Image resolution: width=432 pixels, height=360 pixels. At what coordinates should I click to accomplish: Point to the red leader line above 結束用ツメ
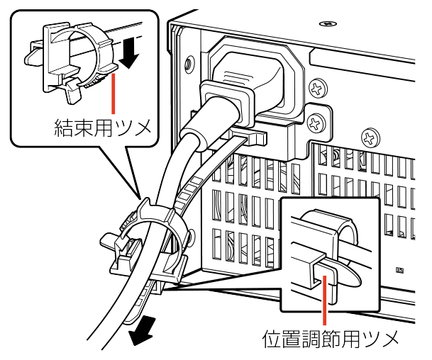[x=114, y=92]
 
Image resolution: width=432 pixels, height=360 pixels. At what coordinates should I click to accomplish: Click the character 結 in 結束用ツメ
[x=65, y=128]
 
